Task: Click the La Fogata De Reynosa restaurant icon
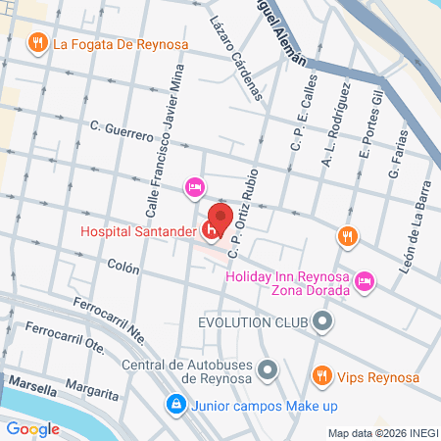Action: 37,42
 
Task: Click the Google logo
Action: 33,428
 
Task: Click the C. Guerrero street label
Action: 122,126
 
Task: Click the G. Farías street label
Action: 396,157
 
